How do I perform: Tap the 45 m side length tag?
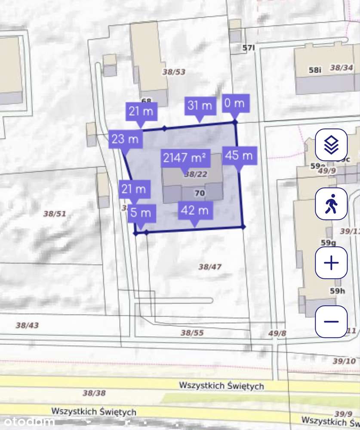tap(239, 155)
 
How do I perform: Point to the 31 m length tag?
tap(200, 105)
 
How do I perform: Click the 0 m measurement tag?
tap(235, 103)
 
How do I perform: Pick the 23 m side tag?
tap(125, 139)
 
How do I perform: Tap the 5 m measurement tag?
tap(140, 213)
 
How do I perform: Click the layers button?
tap(331, 145)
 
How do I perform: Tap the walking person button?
tap(331, 204)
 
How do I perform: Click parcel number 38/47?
tap(210, 267)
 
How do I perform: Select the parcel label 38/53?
tap(174, 72)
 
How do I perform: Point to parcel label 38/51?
tap(55, 213)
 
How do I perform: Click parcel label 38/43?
tap(27, 325)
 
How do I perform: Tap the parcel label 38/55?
tap(192, 333)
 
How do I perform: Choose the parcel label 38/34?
tap(342, 68)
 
